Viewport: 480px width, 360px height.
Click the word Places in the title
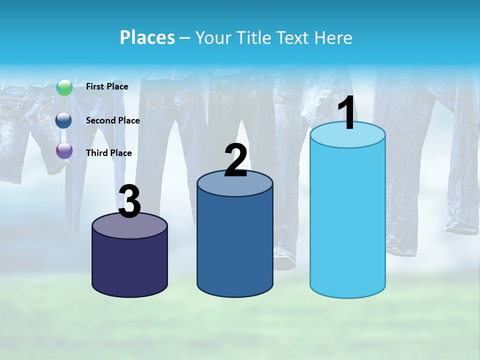[147, 37]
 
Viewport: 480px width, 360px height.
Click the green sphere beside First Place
[64, 87]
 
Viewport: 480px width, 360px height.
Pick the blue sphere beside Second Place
[64, 120]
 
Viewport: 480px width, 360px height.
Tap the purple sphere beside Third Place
[64, 150]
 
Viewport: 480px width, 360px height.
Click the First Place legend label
[107, 86]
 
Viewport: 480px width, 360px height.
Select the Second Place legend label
[112, 120]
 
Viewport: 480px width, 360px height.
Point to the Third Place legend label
[108, 153]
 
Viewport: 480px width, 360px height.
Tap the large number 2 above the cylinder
[235, 160]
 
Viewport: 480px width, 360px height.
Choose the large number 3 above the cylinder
[130, 202]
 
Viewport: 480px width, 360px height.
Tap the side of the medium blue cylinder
[235, 245]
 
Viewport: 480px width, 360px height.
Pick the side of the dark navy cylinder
[130, 267]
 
